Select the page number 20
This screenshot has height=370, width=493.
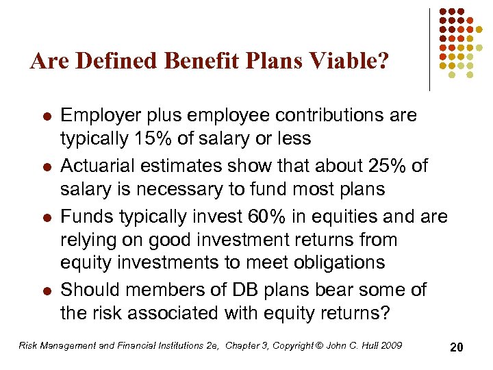[x=457, y=347]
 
